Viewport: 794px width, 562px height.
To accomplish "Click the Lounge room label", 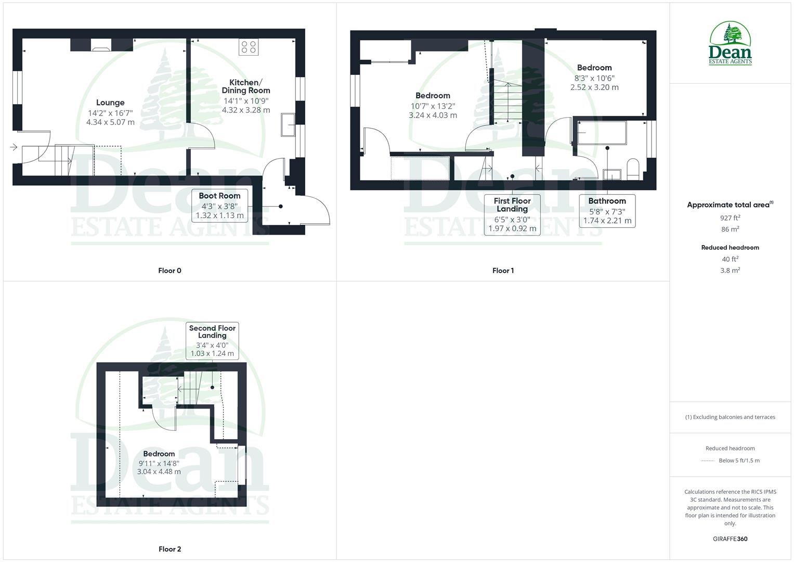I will point(110,103).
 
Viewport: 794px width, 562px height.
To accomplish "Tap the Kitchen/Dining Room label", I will point(246,86).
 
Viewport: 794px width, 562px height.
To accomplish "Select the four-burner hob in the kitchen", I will point(248,47).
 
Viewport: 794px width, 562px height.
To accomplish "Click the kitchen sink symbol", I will point(287,125).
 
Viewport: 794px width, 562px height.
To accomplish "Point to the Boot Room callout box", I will point(219,205).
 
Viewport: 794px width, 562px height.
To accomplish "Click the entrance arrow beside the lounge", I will point(14,147).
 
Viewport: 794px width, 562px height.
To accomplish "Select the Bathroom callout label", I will point(607,210).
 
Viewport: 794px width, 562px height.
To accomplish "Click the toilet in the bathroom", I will point(633,169).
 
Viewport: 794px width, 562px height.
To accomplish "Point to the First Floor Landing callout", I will point(512,214).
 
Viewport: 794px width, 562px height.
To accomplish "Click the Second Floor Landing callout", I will point(212,340).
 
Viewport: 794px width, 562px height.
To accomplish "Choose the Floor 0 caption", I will point(170,271).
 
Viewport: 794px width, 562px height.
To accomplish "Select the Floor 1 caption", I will point(503,271).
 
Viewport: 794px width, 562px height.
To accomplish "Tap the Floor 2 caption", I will point(170,549).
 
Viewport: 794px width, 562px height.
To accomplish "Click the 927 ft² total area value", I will point(730,218).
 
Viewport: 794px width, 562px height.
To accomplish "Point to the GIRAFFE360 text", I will point(730,539).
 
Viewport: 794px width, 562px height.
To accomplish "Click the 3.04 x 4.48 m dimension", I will point(159,472).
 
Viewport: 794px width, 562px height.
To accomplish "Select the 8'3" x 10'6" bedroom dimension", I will point(594,78).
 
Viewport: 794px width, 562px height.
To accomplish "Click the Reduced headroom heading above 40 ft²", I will point(730,248).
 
